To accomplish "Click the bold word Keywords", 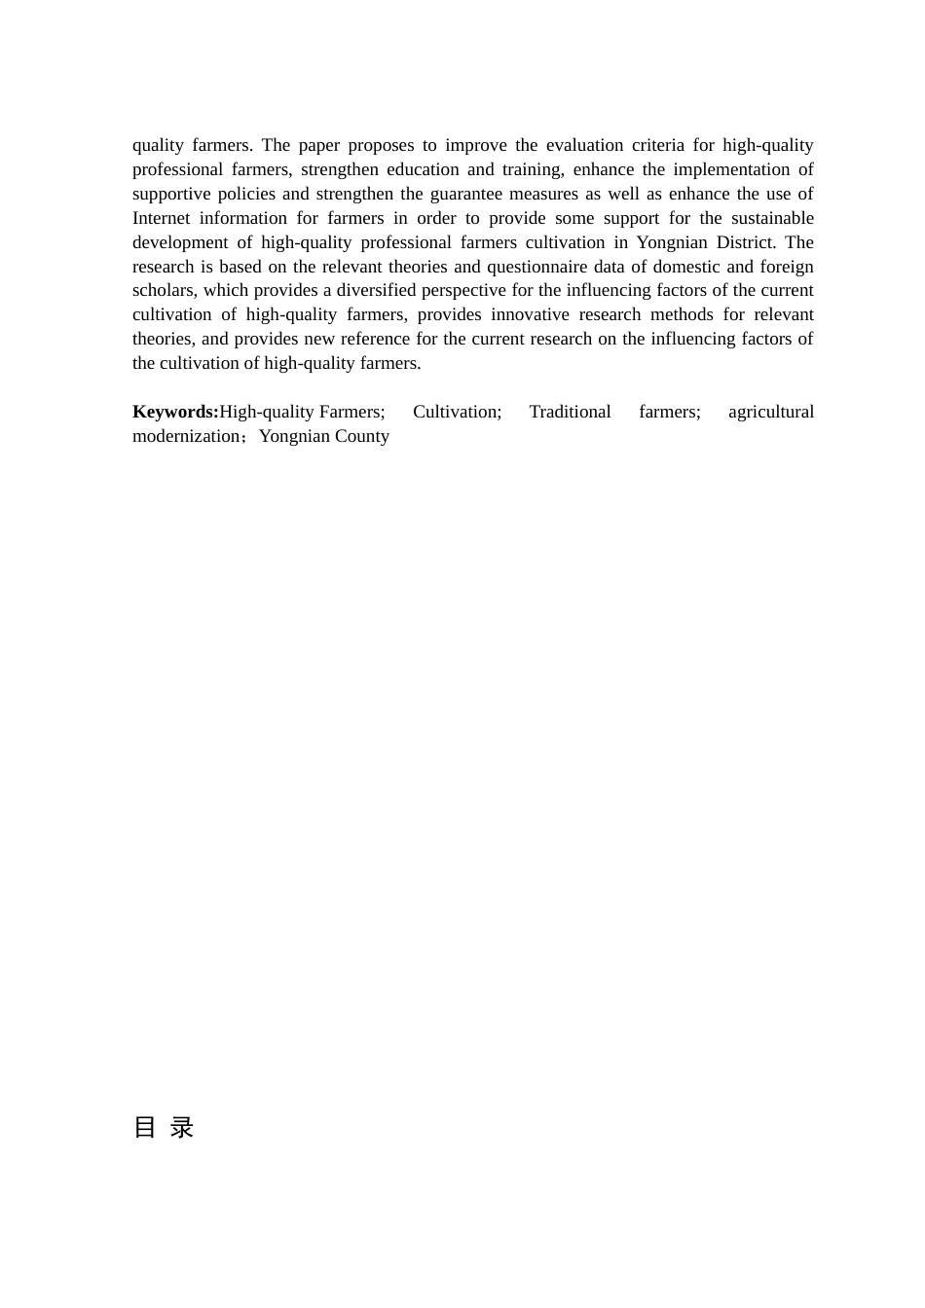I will tap(174, 412).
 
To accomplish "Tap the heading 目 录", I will tap(164, 1127).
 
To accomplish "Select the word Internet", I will tap(161, 218).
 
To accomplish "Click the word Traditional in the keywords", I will tap(570, 412).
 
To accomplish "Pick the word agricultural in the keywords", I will tap(770, 412).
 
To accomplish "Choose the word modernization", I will tap(186, 436).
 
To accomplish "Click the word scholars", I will tap(163, 290).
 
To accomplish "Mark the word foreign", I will tap(786, 267).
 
